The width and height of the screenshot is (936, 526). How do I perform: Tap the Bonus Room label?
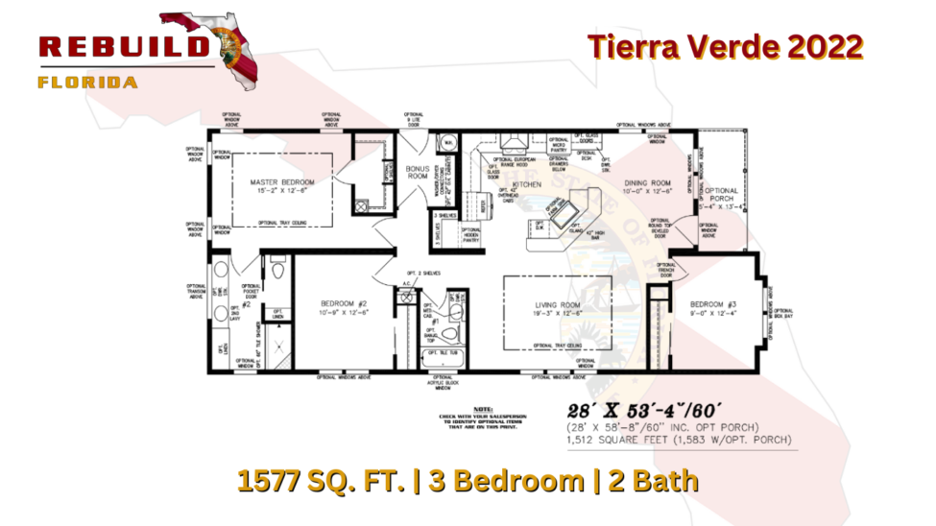[x=418, y=172]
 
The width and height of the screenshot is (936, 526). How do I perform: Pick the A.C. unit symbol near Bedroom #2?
[x=406, y=284]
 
